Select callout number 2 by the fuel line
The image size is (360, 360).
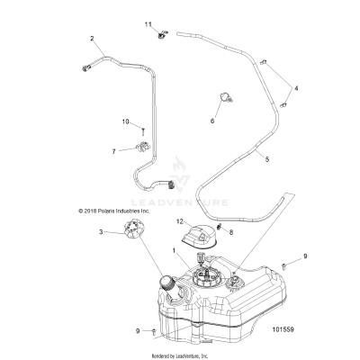pos(92,38)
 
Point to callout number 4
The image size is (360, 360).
pos(298,87)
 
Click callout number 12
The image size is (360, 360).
pos(179,220)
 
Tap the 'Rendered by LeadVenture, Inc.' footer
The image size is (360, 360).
pos(180,355)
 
